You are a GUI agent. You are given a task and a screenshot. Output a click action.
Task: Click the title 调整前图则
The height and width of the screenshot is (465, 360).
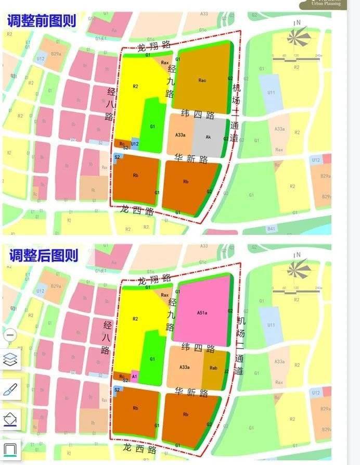(x=42, y=21)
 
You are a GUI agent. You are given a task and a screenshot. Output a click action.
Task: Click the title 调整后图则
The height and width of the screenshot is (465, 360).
(x=43, y=255)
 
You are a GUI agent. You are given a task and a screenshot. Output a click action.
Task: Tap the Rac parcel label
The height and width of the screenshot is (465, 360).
(x=202, y=80)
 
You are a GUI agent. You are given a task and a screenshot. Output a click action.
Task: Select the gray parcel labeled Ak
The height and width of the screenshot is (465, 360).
(x=208, y=137)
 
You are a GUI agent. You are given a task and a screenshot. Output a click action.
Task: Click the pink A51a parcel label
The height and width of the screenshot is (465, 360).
(x=202, y=313)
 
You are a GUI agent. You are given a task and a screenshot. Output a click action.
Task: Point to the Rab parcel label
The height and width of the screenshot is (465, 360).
(x=213, y=368)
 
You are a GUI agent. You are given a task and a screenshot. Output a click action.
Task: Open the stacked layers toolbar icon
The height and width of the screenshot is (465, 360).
(x=10, y=359)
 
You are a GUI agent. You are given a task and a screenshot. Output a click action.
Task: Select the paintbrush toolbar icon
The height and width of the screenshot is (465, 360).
(x=10, y=389)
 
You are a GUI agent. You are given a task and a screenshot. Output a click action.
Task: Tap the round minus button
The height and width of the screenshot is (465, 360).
(x=10, y=335)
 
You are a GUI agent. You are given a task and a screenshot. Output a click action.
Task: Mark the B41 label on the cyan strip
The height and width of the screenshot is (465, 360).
(x=271, y=229)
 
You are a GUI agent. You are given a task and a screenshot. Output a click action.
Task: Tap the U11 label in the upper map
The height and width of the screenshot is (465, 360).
(x=271, y=93)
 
